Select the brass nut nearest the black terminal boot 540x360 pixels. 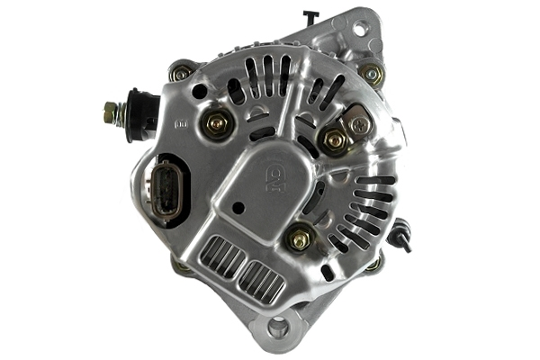click(x=216, y=122)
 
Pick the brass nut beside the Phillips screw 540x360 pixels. click(x=334, y=139)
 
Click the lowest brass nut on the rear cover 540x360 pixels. click(x=299, y=238)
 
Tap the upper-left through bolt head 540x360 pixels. click(x=182, y=74)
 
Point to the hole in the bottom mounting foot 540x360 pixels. click(x=279, y=328)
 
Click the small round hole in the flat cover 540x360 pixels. click(x=238, y=207)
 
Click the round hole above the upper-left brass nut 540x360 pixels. click(x=198, y=91)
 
